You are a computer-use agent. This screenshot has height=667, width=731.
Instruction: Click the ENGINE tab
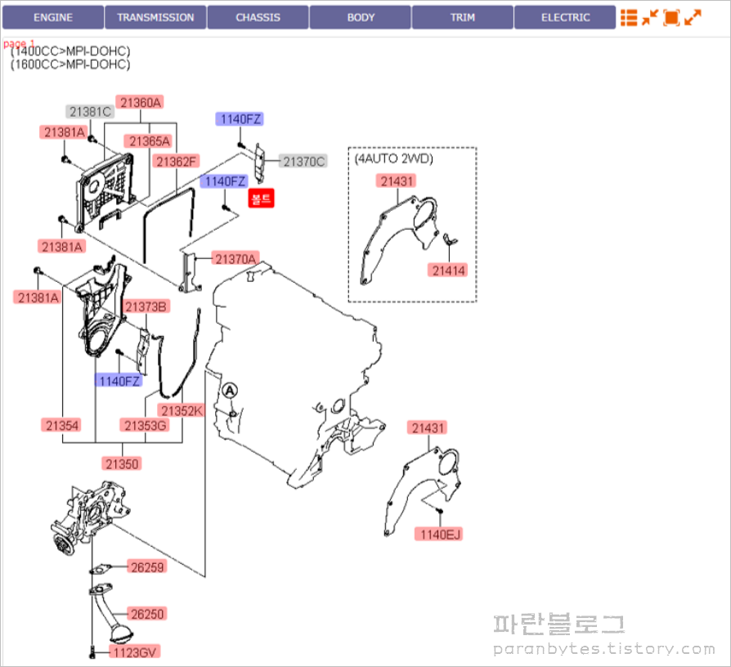pos(53,17)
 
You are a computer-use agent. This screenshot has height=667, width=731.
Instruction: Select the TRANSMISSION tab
pos(155,17)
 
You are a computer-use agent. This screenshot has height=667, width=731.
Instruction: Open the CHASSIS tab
pos(258,17)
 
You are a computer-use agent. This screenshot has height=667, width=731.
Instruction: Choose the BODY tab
pos(361,17)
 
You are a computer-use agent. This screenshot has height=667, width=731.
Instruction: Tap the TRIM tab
pos(463,17)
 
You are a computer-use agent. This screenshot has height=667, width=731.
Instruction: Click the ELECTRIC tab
pos(565,17)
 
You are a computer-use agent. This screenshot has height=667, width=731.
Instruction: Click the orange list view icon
pos(629,17)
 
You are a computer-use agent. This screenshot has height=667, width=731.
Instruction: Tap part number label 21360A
pos(140,102)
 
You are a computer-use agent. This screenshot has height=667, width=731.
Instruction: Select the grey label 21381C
pos(89,112)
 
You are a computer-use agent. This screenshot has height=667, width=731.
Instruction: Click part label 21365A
pos(148,141)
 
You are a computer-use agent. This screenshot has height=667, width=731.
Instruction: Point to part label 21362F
pos(177,161)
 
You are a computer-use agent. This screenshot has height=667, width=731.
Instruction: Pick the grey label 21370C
pos(304,161)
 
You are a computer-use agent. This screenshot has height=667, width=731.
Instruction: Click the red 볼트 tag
pos(262,197)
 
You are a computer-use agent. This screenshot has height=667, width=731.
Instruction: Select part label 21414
pos(450,270)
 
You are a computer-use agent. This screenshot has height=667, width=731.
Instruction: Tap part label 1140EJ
pos(441,535)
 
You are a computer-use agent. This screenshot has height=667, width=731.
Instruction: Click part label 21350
pos(123,463)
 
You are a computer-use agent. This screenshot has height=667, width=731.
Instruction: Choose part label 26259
pos(147,566)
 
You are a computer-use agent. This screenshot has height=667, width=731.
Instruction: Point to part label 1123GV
pos(137,651)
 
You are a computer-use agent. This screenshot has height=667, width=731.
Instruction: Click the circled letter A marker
pos(230,392)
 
